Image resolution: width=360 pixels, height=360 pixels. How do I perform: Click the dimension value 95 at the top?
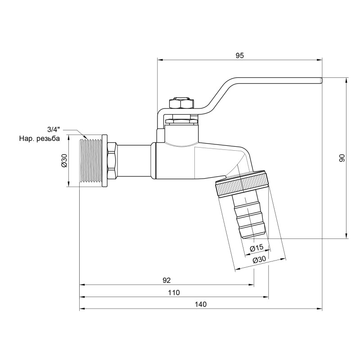239,55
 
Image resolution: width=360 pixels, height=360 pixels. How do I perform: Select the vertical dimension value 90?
342,158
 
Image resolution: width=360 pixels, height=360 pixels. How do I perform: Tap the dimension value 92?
166,280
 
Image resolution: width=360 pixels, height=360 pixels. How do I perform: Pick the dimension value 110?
174,292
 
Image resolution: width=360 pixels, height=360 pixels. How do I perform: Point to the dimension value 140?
201,305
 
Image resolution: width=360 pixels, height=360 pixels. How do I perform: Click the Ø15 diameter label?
256,247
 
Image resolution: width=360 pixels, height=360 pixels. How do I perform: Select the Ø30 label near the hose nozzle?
260,260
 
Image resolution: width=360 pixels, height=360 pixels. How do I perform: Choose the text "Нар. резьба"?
39,139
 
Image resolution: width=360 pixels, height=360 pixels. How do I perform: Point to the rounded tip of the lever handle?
321,80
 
